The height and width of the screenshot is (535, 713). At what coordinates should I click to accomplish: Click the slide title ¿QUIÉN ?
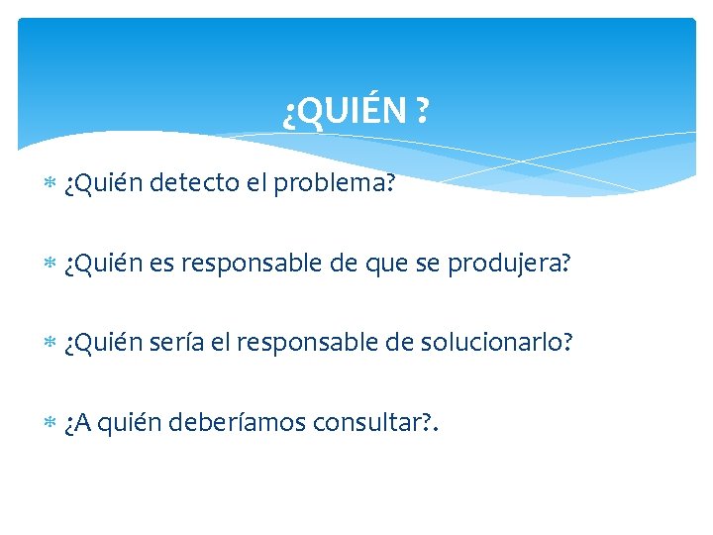point(356,113)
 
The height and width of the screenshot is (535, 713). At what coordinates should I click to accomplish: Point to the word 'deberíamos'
point(238,423)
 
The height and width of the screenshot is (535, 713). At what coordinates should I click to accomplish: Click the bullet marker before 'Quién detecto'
point(51,185)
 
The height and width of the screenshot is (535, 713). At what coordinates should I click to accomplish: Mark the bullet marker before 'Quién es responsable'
point(51,265)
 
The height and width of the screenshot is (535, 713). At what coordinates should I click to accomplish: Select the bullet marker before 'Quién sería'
point(51,344)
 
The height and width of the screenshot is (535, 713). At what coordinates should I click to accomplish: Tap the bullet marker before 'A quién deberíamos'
point(51,424)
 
